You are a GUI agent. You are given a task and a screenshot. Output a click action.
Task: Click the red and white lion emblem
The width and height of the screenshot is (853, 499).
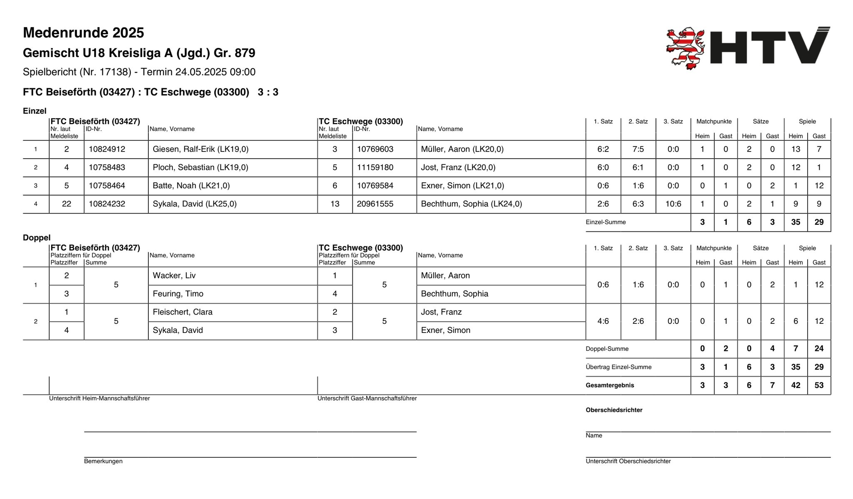tap(685, 48)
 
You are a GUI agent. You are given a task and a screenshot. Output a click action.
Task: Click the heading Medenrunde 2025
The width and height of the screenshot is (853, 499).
tap(83, 32)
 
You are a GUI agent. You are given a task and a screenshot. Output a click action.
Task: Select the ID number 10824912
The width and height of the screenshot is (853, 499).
tap(107, 149)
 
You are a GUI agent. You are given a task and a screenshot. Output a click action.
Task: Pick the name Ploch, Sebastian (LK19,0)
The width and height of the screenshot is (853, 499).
tap(200, 167)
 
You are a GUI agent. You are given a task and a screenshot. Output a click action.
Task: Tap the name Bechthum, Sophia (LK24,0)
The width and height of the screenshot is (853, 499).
tap(471, 204)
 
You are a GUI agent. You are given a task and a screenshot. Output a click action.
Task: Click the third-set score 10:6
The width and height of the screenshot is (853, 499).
tap(673, 204)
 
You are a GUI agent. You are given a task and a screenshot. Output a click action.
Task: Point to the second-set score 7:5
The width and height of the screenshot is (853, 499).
tap(638, 149)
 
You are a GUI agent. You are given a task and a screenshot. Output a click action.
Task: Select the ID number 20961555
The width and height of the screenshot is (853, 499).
tap(375, 204)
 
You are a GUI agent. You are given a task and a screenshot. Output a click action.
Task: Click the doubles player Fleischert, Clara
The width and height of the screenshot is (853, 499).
tap(182, 312)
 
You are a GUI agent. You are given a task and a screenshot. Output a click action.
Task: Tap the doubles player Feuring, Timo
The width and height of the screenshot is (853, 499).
tap(178, 294)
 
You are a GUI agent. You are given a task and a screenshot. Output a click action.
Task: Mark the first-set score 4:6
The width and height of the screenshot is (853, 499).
tap(603, 321)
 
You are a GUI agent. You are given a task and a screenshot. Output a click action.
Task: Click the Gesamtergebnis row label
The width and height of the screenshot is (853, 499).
tap(610, 385)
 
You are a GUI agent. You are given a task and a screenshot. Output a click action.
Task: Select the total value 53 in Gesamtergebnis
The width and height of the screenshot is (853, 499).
tap(819, 385)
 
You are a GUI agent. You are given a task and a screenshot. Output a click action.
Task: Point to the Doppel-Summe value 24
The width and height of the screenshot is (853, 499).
tap(819, 349)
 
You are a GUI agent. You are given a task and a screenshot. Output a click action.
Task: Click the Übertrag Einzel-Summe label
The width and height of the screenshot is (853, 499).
tap(619, 367)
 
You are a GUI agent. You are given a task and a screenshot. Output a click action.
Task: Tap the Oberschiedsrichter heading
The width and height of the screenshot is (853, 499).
tap(614, 410)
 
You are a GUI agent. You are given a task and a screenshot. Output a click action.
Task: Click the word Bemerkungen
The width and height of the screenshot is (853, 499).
tap(103, 461)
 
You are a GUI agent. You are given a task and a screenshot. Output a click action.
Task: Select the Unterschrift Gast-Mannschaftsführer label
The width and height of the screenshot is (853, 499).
tap(367, 398)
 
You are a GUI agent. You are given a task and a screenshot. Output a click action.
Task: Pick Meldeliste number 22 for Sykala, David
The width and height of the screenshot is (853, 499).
tap(67, 204)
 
